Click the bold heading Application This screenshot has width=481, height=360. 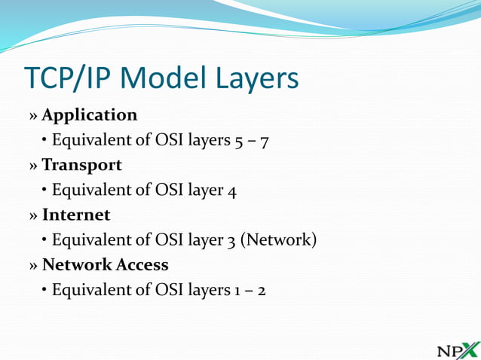pyautogui.click(x=90, y=115)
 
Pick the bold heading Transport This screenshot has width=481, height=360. pyautogui.click(x=81, y=165)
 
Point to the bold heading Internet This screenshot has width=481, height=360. pyautogui.click(x=76, y=215)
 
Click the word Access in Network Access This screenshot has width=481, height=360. pyautogui.click(x=143, y=264)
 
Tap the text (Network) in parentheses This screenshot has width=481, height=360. pyautogui.click(x=280, y=240)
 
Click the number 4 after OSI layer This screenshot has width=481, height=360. pyautogui.click(x=232, y=191)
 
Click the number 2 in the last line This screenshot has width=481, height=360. pyautogui.click(x=260, y=290)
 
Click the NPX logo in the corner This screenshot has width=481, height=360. pyautogui.click(x=458, y=349)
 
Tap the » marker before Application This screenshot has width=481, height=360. pyautogui.click(x=33, y=117)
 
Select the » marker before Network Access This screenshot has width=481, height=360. pyautogui.click(x=33, y=266)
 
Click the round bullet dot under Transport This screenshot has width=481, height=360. pyautogui.click(x=45, y=191)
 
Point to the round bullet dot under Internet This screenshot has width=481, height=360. pyautogui.click(x=45, y=240)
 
